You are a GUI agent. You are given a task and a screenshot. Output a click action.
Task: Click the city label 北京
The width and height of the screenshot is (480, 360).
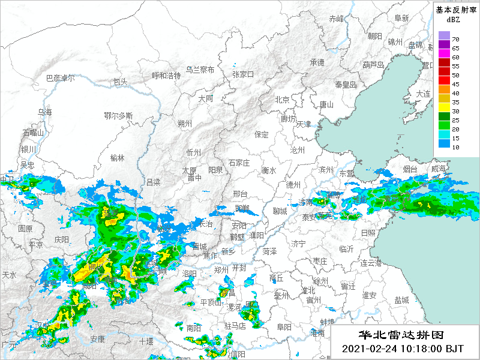[x=282, y=100]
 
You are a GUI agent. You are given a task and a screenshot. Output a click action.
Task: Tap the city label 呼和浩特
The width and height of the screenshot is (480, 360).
[x=166, y=76]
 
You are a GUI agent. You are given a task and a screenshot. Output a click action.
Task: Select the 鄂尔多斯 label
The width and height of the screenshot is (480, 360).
[x=118, y=115]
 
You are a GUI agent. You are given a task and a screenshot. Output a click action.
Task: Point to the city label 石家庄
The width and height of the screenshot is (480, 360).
[x=239, y=163]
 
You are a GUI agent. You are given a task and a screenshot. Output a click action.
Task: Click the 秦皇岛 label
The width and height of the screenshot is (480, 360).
[x=346, y=85]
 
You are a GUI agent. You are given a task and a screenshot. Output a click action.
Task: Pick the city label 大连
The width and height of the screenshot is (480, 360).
[x=424, y=94]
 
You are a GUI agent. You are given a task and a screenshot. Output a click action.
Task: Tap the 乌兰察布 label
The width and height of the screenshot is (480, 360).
[x=200, y=70]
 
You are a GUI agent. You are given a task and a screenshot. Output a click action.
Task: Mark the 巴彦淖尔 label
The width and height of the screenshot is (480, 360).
[x=61, y=78]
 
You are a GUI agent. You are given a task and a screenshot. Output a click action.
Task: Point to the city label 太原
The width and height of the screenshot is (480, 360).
[x=189, y=170]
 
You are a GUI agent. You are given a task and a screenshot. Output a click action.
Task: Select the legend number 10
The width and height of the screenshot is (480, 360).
[x=455, y=147]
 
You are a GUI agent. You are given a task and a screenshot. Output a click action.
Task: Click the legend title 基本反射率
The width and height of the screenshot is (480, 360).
[x=455, y=10]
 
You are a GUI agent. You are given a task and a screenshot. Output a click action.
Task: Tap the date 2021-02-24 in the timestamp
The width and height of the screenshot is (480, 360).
[x=368, y=348]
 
